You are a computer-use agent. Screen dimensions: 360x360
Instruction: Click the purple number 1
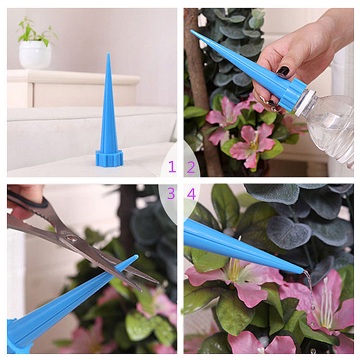pyautogui.click(x=172, y=167)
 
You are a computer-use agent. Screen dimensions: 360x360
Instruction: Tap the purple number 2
pyautogui.click(x=191, y=167)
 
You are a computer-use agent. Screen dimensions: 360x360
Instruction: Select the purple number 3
pyautogui.click(x=171, y=194)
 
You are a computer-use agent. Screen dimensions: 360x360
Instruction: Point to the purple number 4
pyautogui.click(x=192, y=194)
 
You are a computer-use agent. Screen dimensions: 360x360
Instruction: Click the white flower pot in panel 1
pyautogui.click(x=35, y=55)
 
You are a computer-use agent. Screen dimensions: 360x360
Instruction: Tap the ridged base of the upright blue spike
pyautogui.click(x=109, y=158)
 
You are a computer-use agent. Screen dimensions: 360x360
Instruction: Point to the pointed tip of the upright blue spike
pyautogui.click(x=108, y=54)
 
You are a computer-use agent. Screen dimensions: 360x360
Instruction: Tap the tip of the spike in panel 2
pyautogui.click(x=192, y=31)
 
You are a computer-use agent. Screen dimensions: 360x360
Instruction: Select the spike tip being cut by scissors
pyautogui.click(x=136, y=256)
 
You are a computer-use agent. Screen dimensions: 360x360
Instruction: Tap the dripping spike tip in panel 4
pyautogui.click(x=301, y=272)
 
